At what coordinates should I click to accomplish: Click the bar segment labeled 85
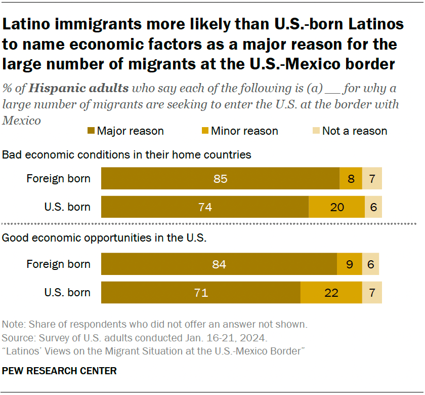click(x=220, y=179)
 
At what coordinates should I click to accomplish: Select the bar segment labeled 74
click(x=205, y=207)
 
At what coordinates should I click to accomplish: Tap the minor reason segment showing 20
click(x=336, y=207)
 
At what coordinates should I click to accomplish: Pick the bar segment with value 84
click(x=219, y=264)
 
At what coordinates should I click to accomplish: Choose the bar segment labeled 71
click(x=201, y=293)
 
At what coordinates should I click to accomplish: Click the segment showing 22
click(x=331, y=293)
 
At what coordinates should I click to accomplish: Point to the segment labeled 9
click(x=350, y=264)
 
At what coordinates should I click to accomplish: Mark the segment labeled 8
click(x=351, y=179)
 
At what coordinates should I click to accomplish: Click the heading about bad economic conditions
click(x=127, y=154)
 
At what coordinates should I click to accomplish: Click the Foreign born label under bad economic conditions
click(x=59, y=178)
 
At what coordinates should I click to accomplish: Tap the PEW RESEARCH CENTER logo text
click(x=59, y=371)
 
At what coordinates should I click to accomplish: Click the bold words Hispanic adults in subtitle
click(x=78, y=89)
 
